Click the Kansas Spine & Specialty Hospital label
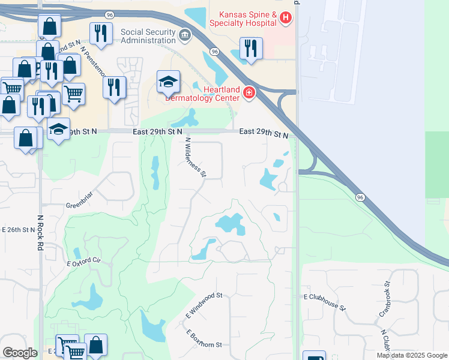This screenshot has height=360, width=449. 243,19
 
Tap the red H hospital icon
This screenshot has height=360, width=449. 285,19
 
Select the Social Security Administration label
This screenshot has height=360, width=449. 148,36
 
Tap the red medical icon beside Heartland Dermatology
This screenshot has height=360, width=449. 249,92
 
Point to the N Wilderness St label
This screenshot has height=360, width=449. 196,157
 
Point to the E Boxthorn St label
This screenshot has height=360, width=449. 204,339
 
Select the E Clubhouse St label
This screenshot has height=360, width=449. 325,302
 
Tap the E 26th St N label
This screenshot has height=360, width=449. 19,229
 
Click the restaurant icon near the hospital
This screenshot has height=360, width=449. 251,48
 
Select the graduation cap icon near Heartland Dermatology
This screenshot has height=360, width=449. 169,81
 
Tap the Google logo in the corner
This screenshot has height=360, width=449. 20,353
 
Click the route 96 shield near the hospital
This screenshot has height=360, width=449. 214,52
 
